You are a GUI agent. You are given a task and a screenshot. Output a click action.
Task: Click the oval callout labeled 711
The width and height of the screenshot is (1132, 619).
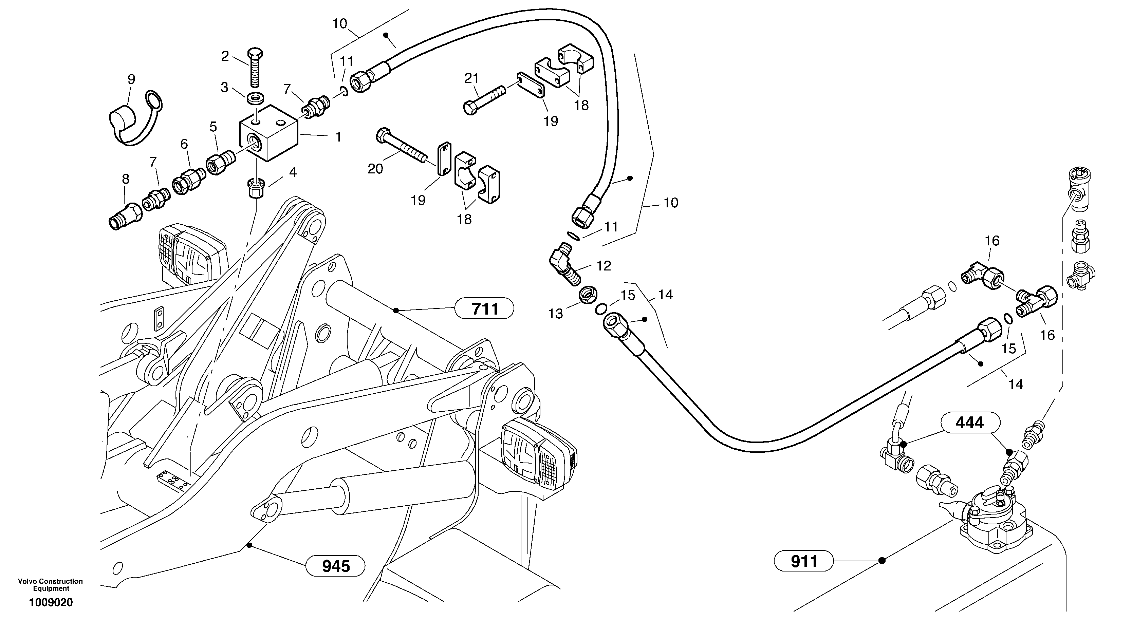[485, 309]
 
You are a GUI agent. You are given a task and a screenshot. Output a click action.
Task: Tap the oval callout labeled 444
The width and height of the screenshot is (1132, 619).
[970, 423]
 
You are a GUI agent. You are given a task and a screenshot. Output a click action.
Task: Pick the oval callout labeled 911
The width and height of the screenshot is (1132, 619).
[804, 561]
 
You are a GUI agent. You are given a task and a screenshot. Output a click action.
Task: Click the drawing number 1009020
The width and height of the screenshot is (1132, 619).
[51, 602]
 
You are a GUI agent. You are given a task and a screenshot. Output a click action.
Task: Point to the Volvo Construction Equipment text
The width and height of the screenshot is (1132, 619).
[50, 584]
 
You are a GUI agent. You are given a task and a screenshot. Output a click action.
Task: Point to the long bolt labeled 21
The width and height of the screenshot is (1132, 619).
[483, 100]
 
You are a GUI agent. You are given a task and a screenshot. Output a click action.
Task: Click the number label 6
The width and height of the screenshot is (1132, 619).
[184, 144]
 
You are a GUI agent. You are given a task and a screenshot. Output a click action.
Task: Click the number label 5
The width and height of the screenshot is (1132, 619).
[213, 127]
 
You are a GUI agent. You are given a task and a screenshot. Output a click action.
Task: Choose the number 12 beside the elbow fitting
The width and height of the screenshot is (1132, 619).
[604, 266]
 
